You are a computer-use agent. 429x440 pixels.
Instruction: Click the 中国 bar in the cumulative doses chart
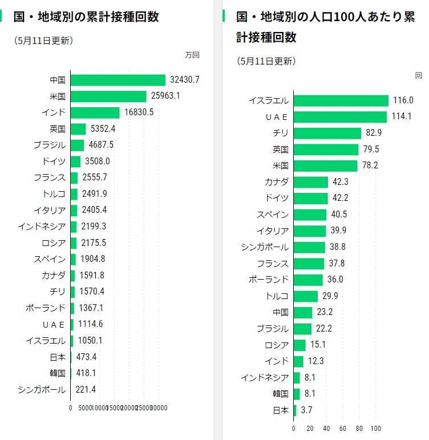click(x=118, y=80)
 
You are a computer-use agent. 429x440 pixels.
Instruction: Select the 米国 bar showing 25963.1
click(x=108, y=96)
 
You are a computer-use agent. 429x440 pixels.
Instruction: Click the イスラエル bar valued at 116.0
click(x=341, y=100)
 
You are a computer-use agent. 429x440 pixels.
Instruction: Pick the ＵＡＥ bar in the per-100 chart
click(x=340, y=116)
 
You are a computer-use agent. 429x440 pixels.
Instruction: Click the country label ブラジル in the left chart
click(x=50, y=145)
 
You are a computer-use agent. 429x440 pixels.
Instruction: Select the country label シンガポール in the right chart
click(x=265, y=247)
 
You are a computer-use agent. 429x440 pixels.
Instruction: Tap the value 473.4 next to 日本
click(x=86, y=357)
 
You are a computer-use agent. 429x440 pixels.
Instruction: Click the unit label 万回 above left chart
click(x=192, y=55)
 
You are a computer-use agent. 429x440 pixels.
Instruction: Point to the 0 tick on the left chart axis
click(x=70, y=407)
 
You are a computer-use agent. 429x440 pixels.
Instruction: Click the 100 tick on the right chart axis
click(x=376, y=428)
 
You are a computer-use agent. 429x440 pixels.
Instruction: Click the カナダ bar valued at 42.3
click(x=311, y=182)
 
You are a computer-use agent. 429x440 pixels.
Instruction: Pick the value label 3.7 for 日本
click(x=306, y=410)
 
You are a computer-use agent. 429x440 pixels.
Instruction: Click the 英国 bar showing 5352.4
click(x=78, y=129)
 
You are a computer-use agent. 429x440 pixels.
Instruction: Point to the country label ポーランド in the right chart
click(x=269, y=280)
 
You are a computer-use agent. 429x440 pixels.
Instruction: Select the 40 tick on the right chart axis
click(x=326, y=428)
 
